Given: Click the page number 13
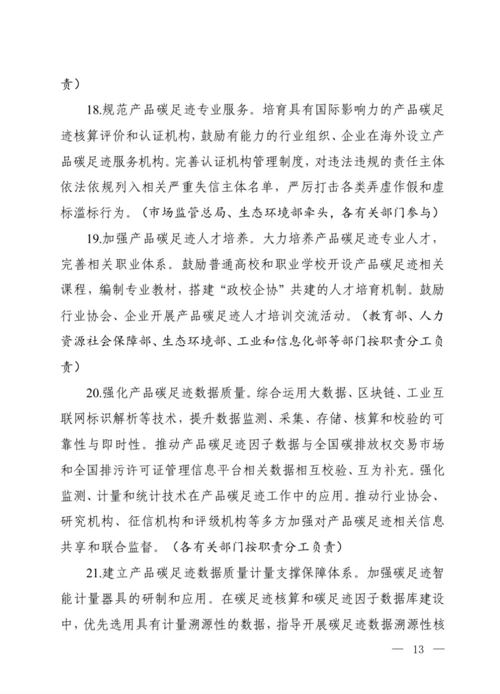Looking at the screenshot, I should [x=418, y=649].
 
